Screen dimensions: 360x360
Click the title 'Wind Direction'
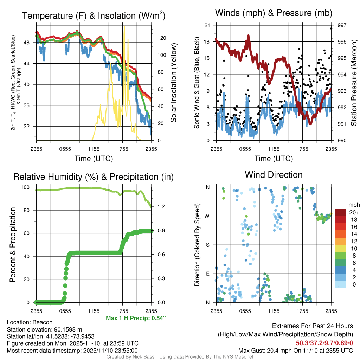274,175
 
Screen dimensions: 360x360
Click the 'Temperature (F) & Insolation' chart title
94,16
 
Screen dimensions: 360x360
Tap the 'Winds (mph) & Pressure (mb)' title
274,13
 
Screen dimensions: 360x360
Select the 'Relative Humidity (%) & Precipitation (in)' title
94,177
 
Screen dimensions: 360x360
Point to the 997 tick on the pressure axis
341,25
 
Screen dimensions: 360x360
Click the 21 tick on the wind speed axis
207,25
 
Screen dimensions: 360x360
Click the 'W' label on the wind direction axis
208,216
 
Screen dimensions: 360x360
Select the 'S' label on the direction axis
208,245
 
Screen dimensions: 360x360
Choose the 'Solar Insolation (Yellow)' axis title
173,83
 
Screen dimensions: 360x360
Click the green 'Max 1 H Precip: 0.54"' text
135,318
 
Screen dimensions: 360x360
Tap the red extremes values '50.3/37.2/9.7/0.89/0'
324,343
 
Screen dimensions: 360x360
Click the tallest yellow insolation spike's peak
124,26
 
